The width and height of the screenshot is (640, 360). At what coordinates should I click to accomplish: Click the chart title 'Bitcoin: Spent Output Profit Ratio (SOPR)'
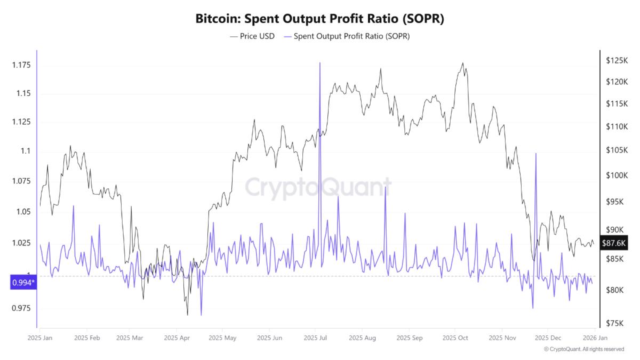point(319,19)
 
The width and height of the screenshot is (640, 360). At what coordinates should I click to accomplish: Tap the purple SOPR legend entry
point(346,36)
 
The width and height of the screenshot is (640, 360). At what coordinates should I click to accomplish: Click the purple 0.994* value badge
point(22,282)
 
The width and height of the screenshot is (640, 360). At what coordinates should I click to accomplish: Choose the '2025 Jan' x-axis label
point(40,338)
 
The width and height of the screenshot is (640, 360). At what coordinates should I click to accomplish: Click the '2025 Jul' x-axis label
point(316,338)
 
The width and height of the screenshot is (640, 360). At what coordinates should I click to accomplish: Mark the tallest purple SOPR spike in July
point(320,63)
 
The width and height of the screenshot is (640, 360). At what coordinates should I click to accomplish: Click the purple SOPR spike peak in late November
point(535,154)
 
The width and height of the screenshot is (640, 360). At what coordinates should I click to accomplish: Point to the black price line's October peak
point(462,63)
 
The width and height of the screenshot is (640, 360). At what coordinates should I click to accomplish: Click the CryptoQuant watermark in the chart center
point(318,188)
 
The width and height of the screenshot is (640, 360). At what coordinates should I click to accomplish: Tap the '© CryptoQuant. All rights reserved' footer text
point(583,349)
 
